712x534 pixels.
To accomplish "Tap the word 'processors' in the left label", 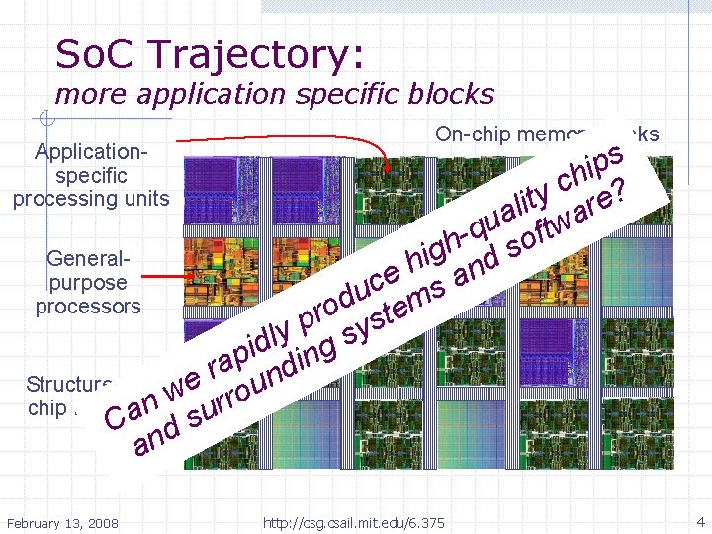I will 88,306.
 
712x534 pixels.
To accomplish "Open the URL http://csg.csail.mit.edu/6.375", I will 354,522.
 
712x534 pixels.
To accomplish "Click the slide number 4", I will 699,521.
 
